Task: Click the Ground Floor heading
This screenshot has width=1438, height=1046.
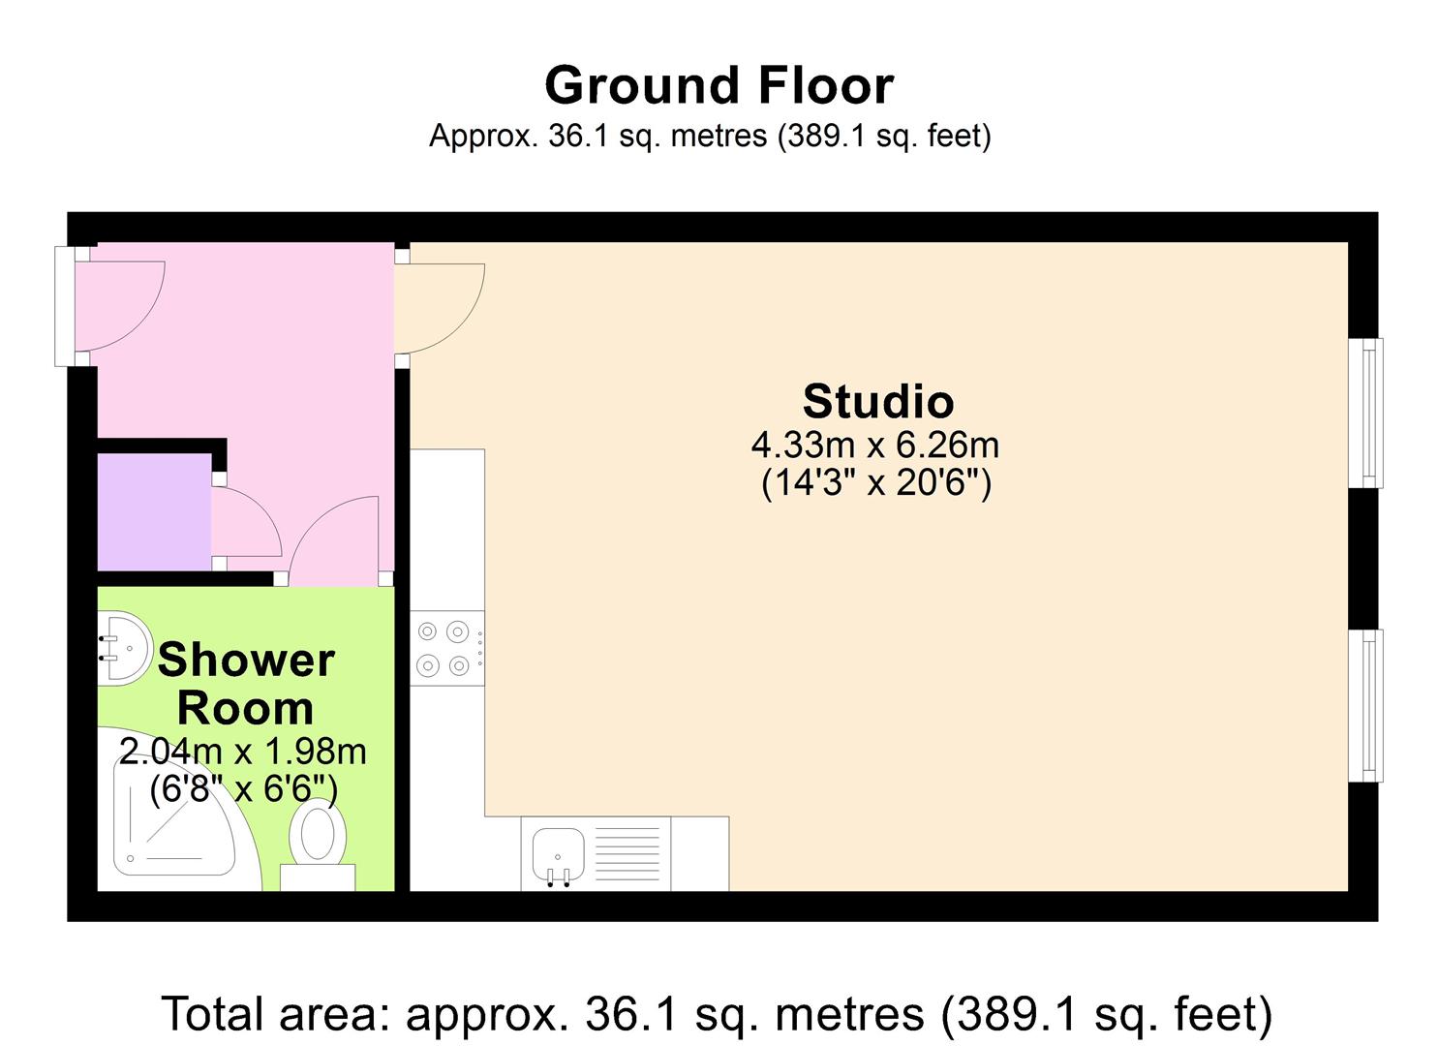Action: coord(719,85)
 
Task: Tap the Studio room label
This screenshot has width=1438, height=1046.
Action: coord(877,401)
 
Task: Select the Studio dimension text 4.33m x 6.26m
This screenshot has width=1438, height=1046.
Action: coord(875,446)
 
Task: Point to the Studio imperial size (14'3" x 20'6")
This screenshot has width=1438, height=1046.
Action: coord(876,481)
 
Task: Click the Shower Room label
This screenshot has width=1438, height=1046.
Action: coord(246,684)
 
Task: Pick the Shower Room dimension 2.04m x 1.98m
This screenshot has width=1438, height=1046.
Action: coord(243,751)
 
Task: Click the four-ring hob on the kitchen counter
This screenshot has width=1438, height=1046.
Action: coord(445,648)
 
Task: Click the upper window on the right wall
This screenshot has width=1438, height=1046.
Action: coord(1367,413)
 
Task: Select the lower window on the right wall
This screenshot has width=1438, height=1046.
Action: coord(1367,705)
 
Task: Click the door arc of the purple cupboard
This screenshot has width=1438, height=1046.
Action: coord(246,524)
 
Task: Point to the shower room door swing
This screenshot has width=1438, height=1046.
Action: coord(334,542)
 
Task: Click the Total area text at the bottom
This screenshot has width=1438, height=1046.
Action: coord(717,1014)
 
